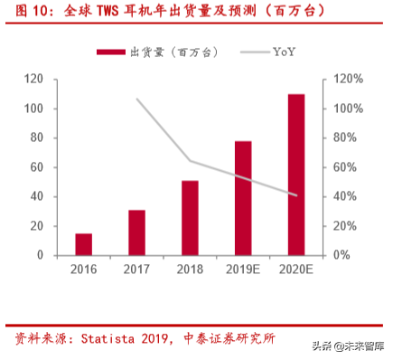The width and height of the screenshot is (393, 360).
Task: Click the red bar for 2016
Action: [83, 244]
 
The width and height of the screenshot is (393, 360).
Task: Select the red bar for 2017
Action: [136, 232]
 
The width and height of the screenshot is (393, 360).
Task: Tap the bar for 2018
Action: [190, 218]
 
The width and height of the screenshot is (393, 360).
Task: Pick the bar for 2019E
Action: [243, 198]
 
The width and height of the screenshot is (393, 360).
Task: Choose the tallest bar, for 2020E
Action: [296, 175]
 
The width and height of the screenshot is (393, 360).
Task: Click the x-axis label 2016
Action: [83, 270]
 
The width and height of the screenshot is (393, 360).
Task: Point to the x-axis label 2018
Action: [190, 270]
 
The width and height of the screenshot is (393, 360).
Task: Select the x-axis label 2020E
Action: [296, 270]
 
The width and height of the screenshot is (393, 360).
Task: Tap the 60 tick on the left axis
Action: [37, 167]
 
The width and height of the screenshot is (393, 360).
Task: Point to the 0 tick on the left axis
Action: [41, 255]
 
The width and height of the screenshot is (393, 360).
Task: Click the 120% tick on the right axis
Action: [350, 80]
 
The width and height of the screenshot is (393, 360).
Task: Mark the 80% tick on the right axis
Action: [347, 138]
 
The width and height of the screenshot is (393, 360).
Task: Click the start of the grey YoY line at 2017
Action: [136, 99]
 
